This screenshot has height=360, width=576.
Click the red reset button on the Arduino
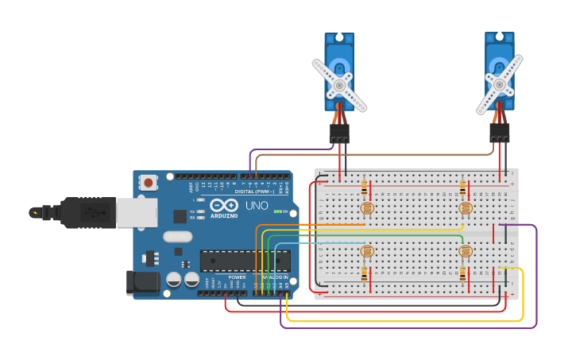[x=149, y=183]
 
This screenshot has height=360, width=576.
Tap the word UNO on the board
[x=257, y=206]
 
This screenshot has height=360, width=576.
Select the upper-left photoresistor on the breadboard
[x=366, y=208]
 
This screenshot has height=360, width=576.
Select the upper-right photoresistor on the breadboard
[x=466, y=208]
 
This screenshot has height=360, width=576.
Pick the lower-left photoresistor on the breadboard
[x=366, y=252]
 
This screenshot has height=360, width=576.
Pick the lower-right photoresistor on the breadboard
[x=466, y=252]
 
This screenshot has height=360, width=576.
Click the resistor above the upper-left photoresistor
[x=365, y=188]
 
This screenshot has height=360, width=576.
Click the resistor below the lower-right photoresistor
[x=463, y=274]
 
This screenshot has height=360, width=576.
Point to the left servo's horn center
[x=339, y=84]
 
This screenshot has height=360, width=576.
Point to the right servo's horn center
[x=499, y=83]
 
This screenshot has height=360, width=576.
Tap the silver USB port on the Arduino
[x=135, y=213]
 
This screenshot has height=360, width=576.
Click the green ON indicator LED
[x=277, y=211]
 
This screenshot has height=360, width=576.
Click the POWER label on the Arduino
[x=237, y=277]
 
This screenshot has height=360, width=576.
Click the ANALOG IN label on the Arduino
[x=276, y=277]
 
